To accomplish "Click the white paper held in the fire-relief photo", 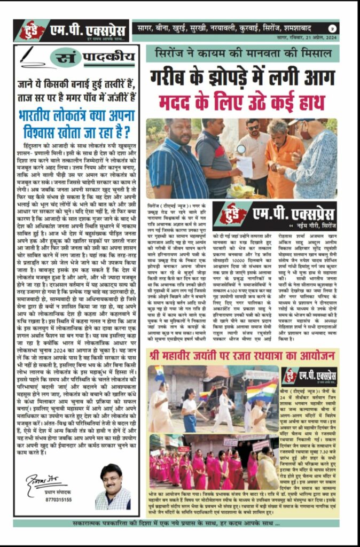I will pos(244,166).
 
